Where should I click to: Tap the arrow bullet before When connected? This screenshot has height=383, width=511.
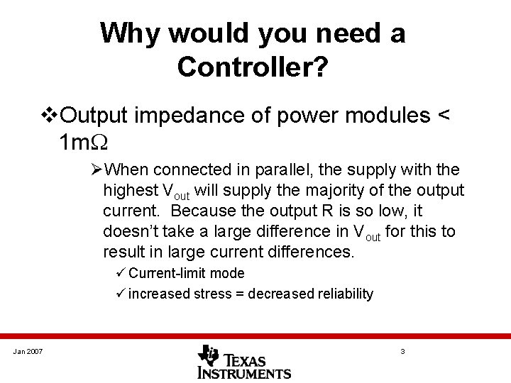click(x=97, y=170)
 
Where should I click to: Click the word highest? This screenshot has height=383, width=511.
click(x=131, y=191)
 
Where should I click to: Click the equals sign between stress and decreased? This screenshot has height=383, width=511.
click(x=251, y=294)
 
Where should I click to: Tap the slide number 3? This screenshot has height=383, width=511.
click(x=402, y=352)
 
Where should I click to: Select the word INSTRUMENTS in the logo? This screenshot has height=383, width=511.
click(x=245, y=372)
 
